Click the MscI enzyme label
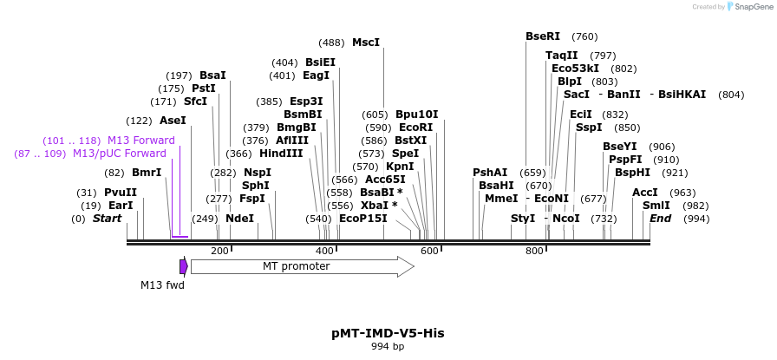365,43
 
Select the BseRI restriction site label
543,36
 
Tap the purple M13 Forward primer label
140,141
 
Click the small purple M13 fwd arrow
184,266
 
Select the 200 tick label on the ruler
219,251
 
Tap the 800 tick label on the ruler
533,251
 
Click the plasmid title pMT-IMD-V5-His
388,333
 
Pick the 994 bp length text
388,347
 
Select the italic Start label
107,219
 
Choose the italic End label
661,219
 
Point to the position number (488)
331,43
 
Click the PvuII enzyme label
121,193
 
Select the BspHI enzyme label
632,173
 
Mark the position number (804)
731,95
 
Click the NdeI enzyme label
239,219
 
